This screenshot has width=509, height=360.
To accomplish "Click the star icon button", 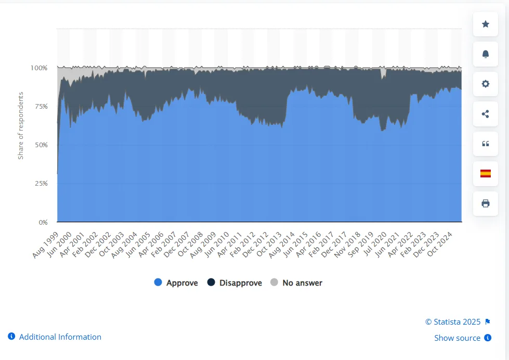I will pyautogui.click(x=486, y=24).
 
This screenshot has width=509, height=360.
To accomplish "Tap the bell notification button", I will pyautogui.click(x=486, y=54).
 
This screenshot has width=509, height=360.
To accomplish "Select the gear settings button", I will pyautogui.click(x=486, y=84).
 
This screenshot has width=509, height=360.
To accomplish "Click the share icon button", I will pyautogui.click(x=486, y=114).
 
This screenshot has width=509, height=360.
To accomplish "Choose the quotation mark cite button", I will pyautogui.click(x=486, y=144).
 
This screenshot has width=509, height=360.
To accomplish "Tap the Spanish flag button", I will pyautogui.click(x=486, y=174).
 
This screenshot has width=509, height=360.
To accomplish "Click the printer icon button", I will pyautogui.click(x=486, y=203).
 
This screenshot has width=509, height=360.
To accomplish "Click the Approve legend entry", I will pyautogui.click(x=176, y=283).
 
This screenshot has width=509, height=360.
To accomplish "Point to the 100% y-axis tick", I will pyautogui.click(x=39, y=68).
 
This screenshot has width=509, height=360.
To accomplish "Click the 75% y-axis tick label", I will pyautogui.click(x=41, y=106).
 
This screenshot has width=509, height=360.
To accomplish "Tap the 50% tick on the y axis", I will pyautogui.click(x=41, y=145).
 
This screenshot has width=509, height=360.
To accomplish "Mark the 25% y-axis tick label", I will pyautogui.click(x=41, y=183).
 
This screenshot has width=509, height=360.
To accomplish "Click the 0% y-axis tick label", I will pyautogui.click(x=42, y=222).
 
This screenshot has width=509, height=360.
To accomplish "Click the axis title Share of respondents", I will pyautogui.click(x=21, y=125).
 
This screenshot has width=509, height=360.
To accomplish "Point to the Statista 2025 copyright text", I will pyautogui.click(x=453, y=322).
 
